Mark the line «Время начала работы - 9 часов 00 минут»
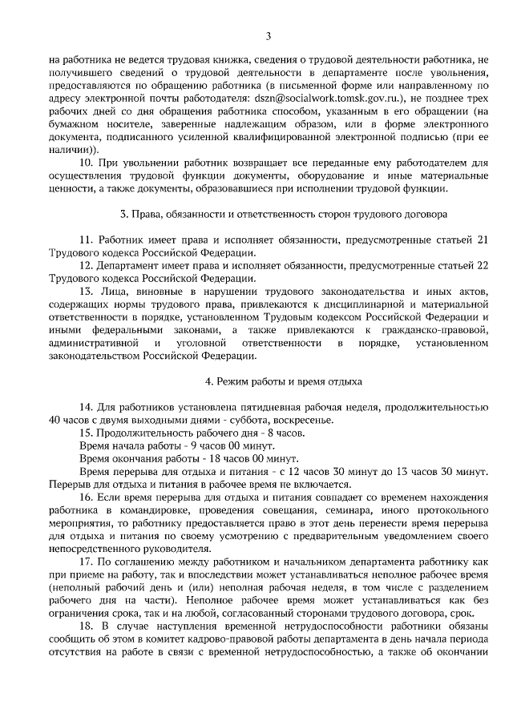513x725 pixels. click(177, 445)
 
